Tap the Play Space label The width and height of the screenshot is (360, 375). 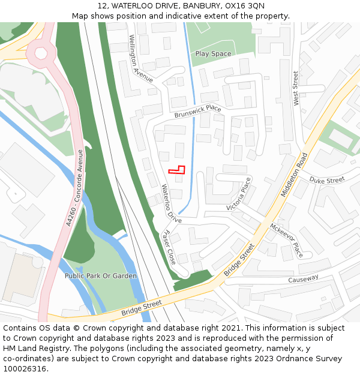tap(213, 54)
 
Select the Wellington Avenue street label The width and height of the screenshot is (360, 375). tap(141, 58)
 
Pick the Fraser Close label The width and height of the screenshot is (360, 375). tap(170, 247)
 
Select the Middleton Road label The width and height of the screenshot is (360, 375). tap(294, 175)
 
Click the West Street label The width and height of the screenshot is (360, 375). tap(295, 89)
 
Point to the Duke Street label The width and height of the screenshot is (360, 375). tap(327, 179)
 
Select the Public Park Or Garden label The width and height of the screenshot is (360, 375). tap(101, 276)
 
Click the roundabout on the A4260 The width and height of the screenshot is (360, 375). tap(41, 53)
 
